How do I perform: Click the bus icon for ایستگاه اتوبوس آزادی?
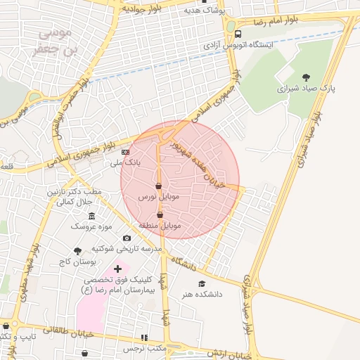238,34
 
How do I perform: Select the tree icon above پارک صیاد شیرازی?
305,77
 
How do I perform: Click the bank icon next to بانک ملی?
126,151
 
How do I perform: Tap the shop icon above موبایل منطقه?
160,214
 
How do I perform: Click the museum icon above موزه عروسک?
91,214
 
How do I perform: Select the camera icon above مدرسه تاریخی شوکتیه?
126,238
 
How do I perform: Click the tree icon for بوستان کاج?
77,250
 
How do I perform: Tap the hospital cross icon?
117,269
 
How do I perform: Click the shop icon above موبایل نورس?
158,186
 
